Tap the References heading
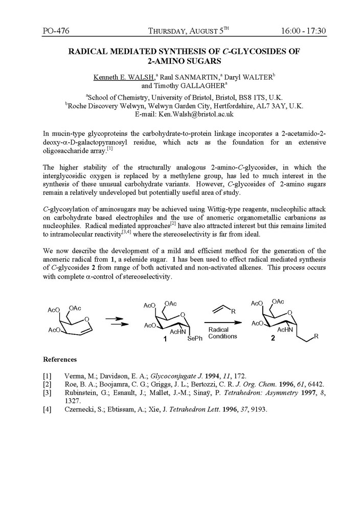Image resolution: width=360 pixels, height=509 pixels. tap(60, 359)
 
